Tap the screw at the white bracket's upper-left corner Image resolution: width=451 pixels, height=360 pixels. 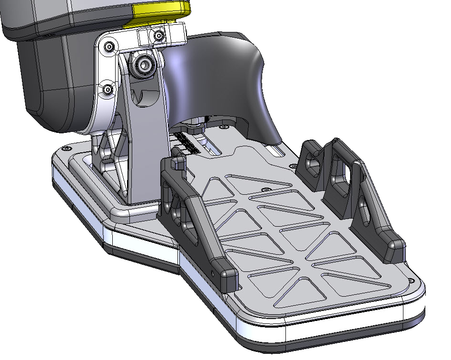pos(110,47)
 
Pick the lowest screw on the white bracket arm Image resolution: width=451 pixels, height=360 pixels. pos(108,89)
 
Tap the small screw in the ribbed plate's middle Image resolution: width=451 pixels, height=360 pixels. pos(265,189)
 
